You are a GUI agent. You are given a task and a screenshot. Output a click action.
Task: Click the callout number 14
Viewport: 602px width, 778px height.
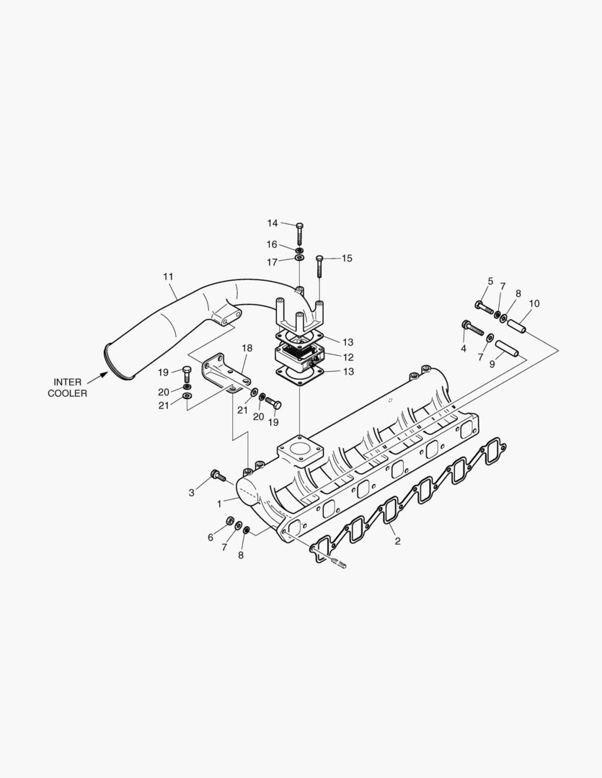pyautogui.click(x=273, y=223)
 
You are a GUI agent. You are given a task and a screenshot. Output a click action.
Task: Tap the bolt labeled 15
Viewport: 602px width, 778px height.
pyautogui.click(x=319, y=267)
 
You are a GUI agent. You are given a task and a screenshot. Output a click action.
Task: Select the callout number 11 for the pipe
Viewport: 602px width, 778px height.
pyautogui.click(x=168, y=277)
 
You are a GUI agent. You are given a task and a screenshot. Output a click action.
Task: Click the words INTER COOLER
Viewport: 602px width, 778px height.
pyautogui.click(x=67, y=388)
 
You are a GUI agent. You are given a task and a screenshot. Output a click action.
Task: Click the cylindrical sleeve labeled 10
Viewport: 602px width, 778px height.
pyautogui.click(x=515, y=325)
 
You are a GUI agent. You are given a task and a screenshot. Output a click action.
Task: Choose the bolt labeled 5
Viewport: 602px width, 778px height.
pyautogui.click(x=484, y=307)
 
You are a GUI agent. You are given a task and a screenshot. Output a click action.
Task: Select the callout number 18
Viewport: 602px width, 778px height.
pyautogui.click(x=247, y=348)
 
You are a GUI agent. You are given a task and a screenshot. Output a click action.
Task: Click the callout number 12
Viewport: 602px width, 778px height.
pyautogui.click(x=348, y=357)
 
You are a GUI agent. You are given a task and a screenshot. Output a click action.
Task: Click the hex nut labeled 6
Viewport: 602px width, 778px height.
pyautogui.click(x=229, y=520)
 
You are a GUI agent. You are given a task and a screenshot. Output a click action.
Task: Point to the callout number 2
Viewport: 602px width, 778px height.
pyautogui.click(x=397, y=541)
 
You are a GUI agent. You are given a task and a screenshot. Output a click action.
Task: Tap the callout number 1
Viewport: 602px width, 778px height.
pyautogui.click(x=219, y=504)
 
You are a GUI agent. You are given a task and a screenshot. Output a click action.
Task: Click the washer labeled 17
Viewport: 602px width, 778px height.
pyautogui.click(x=299, y=257)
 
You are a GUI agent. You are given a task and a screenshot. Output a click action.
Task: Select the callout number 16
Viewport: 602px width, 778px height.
pyautogui.click(x=273, y=245)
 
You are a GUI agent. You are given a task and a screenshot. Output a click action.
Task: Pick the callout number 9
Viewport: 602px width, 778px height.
pyautogui.click(x=492, y=364)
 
